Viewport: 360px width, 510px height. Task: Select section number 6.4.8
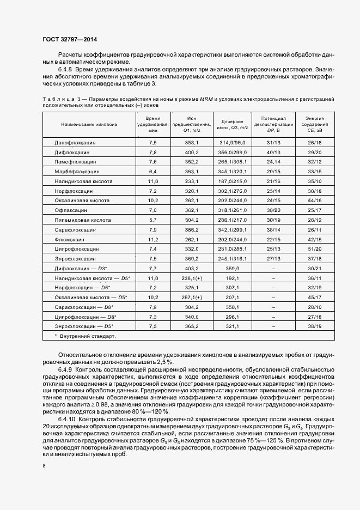[x=65, y=70]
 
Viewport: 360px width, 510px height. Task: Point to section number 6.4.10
[x=66, y=419]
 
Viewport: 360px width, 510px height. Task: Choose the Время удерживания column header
[x=152, y=125]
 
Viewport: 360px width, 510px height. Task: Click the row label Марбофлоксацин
[x=76, y=171]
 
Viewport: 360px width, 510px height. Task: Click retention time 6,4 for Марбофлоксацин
[x=152, y=171]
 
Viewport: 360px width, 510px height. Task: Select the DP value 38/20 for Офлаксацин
[x=273, y=210]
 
